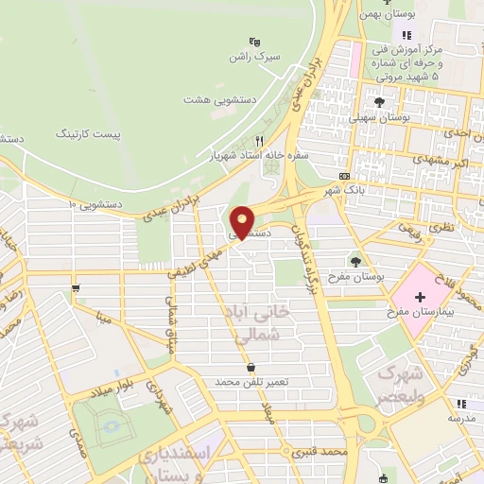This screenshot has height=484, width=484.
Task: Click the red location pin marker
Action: tap(243, 221)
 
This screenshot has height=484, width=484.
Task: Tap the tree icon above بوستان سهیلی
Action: tap(380, 101)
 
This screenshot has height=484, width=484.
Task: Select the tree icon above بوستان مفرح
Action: tap(356, 261)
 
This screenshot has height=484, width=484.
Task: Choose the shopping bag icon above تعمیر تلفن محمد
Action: tap(251, 368)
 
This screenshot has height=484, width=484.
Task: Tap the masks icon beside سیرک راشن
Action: tap(253, 42)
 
